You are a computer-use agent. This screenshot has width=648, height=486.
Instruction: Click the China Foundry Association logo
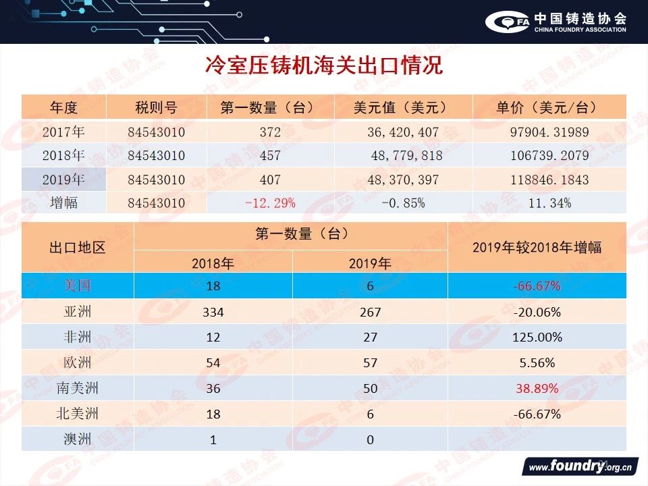pos(556,22)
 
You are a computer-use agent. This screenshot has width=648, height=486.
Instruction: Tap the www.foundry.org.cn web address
pos(580,466)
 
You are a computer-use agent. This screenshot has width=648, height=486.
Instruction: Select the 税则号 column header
pos(156,108)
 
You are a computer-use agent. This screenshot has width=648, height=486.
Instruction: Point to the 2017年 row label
pos(63,132)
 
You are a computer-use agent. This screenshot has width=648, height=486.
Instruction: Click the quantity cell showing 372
pos(269,132)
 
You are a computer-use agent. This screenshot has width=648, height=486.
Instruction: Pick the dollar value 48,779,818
pos(406,156)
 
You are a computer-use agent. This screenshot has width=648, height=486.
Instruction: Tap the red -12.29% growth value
pos(269,202)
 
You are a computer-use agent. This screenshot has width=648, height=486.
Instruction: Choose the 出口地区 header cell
pos(78,247)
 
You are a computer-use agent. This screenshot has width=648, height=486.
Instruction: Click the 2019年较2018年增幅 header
pos(537,247)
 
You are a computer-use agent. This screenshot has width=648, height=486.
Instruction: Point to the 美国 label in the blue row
pos(78,286)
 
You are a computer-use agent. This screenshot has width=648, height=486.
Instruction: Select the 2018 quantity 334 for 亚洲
pos(213,312)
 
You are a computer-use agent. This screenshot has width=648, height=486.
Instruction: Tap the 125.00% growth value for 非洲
pos(537,337)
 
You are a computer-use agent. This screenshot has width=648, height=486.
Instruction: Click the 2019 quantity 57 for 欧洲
pos(370,363)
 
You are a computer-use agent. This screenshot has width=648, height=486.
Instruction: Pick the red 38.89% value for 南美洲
pos(537,389)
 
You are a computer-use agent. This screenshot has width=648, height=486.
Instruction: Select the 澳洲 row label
pos(78,440)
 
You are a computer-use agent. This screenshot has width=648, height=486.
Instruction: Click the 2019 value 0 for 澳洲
pos(370,440)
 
